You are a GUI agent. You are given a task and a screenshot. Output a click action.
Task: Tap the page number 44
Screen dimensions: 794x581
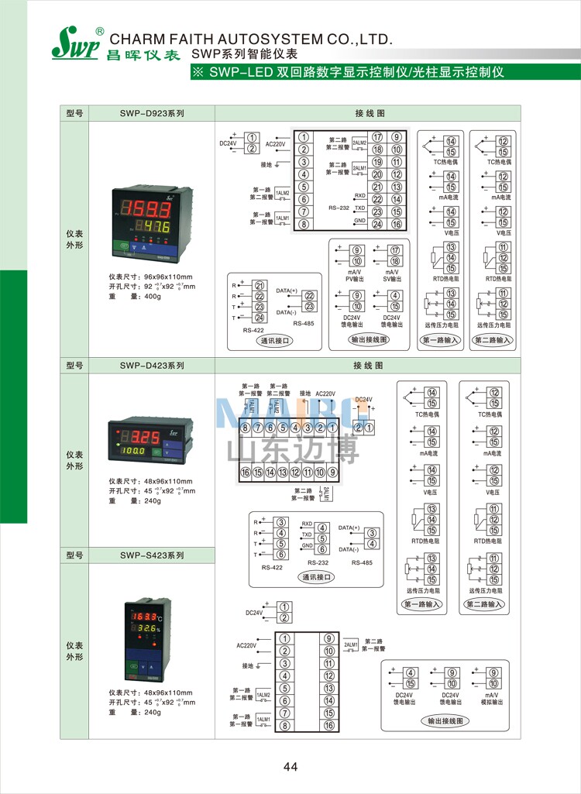click(x=290, y=767)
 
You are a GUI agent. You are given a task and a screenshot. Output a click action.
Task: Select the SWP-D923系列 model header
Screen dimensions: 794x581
click(x=151, y=113)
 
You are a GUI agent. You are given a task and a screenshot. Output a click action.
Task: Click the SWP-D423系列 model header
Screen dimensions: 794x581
click(x=151, y=366)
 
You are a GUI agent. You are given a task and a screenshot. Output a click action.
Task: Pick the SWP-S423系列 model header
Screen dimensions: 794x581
click(x=151, y=555)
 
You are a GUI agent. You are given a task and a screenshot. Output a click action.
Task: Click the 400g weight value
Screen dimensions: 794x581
click(x=152, y=297)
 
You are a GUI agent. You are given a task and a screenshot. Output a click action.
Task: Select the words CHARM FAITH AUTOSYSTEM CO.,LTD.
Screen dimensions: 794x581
click(x=252, y=40)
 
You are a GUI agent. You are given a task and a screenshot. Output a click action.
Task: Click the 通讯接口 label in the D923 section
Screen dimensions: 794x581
click(x=275, y=339)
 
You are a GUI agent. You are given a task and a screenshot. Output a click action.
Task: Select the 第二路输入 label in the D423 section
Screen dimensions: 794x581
click(x=485, y=604)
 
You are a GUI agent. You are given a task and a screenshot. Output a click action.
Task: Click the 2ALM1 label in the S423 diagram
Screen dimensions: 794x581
click(x=350, y=644)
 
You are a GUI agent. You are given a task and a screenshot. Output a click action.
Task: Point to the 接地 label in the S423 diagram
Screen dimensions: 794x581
click(x=248, y=666)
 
